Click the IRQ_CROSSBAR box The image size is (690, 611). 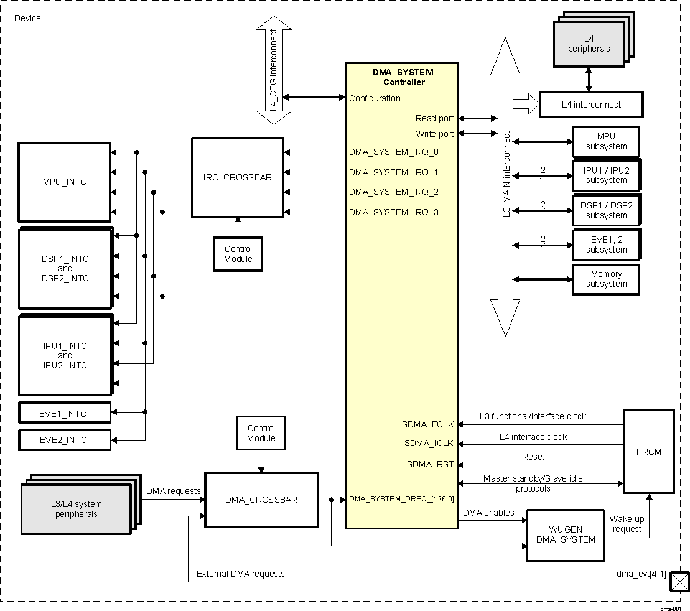click(237, 177)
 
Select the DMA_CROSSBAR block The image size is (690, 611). click(261, 500)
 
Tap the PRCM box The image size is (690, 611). click(649, 452)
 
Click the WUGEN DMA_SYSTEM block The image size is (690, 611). click(566, 534)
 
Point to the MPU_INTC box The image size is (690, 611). click(65, 182)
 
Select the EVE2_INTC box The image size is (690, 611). click(65, 440)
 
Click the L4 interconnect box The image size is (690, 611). click(590, 105)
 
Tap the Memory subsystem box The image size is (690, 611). click(606, 279)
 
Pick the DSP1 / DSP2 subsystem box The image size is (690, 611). click(606, 210)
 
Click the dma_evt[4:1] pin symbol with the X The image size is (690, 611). click(679, 583)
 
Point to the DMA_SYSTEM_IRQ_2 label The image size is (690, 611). click(393, 192)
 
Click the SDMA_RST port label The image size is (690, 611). click(430, 464)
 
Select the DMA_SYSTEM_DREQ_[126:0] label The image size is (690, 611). click(401, 498)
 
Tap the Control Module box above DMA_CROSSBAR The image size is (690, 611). click(261, 433)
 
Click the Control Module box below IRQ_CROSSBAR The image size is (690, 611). click(238, 254)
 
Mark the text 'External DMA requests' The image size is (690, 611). click(240, 574)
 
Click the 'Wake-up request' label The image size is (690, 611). click(627, 524)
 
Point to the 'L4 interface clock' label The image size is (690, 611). click(533, 437)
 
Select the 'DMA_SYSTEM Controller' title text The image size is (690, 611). click(403, 77)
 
